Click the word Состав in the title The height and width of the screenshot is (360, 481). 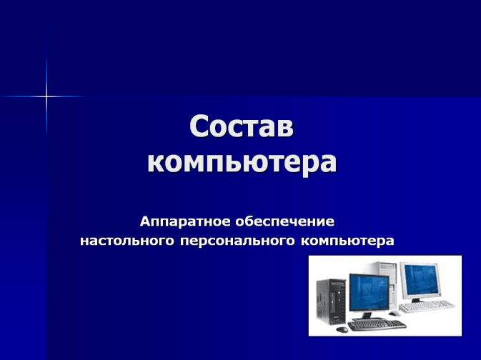click(x=242, y=126)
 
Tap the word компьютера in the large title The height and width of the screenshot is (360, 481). click(x=242, y=162)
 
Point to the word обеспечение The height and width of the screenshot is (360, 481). click(x=285, y=221)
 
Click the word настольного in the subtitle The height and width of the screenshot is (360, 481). click(x=127, y=241)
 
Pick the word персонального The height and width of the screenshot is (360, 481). click(x=237, y=241)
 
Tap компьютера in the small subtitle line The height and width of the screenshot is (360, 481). click(x=347, y=241)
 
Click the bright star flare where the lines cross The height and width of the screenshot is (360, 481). click(x=46, y=96)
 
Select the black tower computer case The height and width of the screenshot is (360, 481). click(x=332, y=301)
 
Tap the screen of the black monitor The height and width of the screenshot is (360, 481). click(x=370, y=292)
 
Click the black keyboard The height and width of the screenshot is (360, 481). click(x=377, y=325)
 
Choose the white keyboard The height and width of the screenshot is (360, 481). click(x=427, y=306)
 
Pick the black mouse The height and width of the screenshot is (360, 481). click(x=342, y=329)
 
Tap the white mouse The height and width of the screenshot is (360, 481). click(x=395, y=313)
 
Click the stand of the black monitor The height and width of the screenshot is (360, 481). click(x=367, y=316)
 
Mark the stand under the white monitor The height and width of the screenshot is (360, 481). click(x=419, y=299)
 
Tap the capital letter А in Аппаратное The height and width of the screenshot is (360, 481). click(x=145, y=221)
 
